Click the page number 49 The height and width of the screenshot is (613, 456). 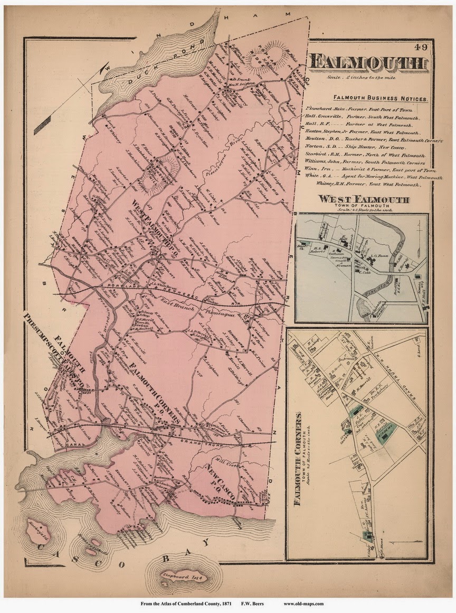click(421, 47)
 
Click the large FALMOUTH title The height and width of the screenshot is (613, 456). click(368, 63)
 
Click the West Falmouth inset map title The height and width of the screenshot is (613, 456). click(363, 199)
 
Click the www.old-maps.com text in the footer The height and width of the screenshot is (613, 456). click(303, 603)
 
